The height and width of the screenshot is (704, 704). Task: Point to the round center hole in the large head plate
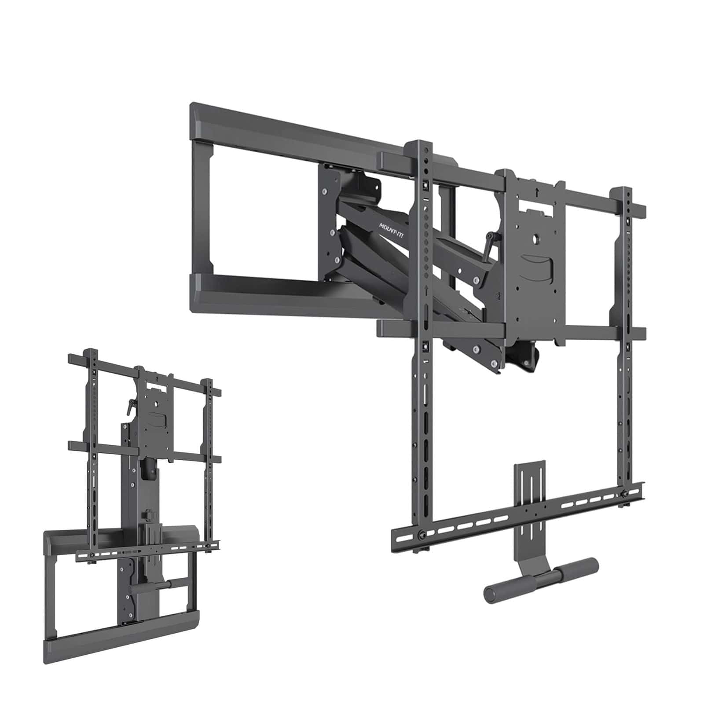point(537,239)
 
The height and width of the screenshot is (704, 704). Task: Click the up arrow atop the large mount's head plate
point(538,192)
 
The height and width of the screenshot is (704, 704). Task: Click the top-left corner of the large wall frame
point(194,108)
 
